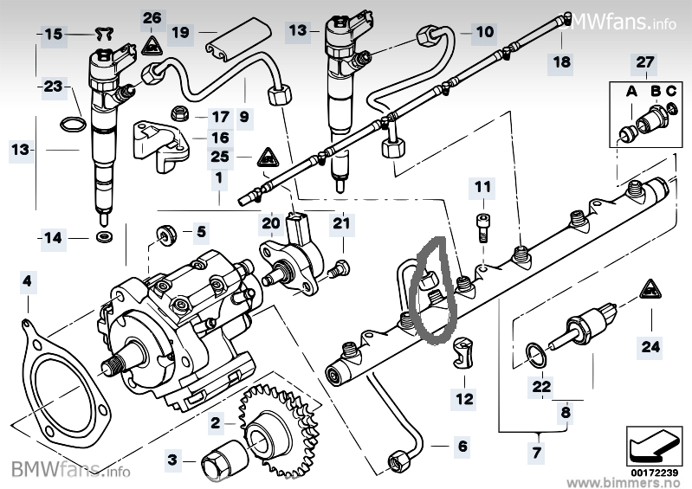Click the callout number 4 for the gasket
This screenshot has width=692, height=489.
29,281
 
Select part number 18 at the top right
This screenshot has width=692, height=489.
563,61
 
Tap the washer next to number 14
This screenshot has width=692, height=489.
105,236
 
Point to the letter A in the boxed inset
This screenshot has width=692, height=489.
631,90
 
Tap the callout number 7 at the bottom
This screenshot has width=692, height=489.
537,452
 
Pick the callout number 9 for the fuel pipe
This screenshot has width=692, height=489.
244,115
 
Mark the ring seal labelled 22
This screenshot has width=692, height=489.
537,352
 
